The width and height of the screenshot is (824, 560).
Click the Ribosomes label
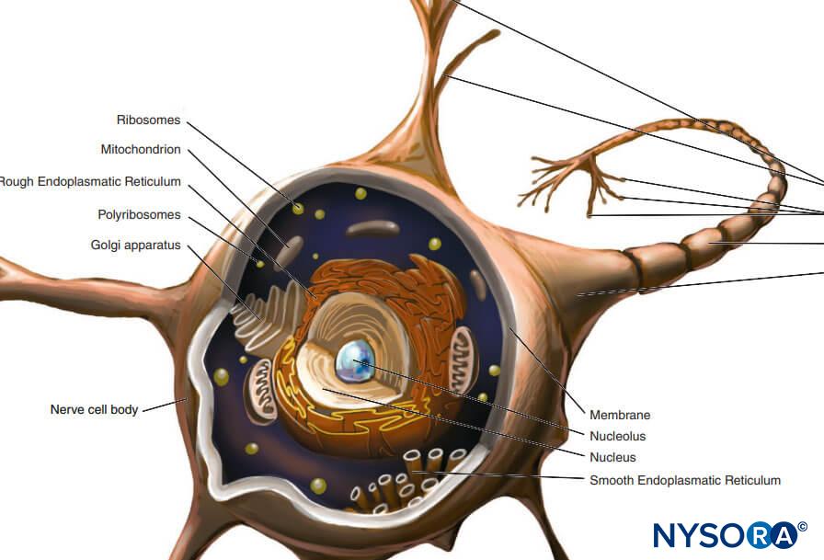tap(148, 120)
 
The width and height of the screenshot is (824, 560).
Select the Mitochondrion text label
tap(141, 149)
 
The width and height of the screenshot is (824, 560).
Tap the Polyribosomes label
tap(139, 215)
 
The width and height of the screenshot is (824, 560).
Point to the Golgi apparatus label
tap(135, 246)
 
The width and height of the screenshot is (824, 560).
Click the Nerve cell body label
tap(94, 410)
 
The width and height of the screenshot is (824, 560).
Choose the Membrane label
tap(620, 415)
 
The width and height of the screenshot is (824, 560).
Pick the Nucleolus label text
tap(617, 436)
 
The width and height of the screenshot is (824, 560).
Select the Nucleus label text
tap(612, 458)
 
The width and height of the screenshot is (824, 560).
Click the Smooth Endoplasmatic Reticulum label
tap(685, 480)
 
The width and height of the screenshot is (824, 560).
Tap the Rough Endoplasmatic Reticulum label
tap(89, 182)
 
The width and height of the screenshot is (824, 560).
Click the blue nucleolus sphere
tap(355, 360)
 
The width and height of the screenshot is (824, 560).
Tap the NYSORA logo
tap(730, 535)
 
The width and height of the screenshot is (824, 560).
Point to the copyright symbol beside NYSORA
tap(802, 526)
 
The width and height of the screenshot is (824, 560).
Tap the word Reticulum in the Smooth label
tap(752, 480)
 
